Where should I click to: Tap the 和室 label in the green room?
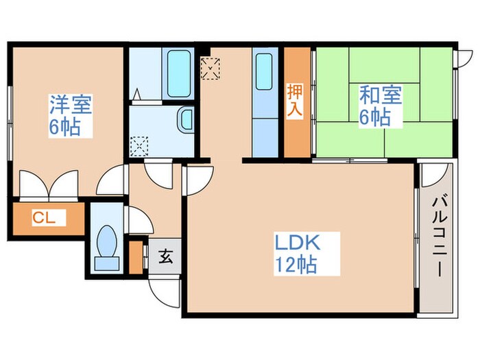[376, 96]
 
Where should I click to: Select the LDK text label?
[298, 243]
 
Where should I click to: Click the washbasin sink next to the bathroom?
[185, 121]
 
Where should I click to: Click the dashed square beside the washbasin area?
[139, 145]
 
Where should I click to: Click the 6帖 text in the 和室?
[376, 117]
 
